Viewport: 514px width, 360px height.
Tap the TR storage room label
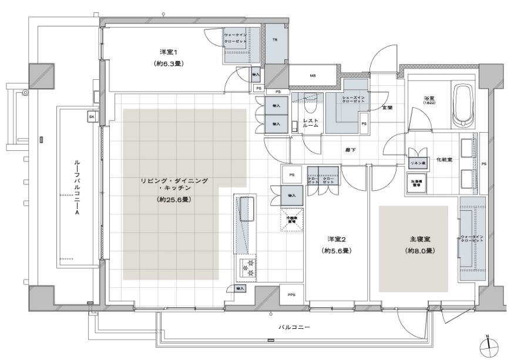[x=274, y=40]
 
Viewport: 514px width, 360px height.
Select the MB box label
[x=313, y=76]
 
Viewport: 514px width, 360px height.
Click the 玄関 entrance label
[x=388, y=107]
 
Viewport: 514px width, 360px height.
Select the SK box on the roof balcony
[x=92, y=117]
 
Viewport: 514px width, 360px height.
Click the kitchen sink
[x=246, y=210]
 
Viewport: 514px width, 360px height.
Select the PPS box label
[x=291, y=295]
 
